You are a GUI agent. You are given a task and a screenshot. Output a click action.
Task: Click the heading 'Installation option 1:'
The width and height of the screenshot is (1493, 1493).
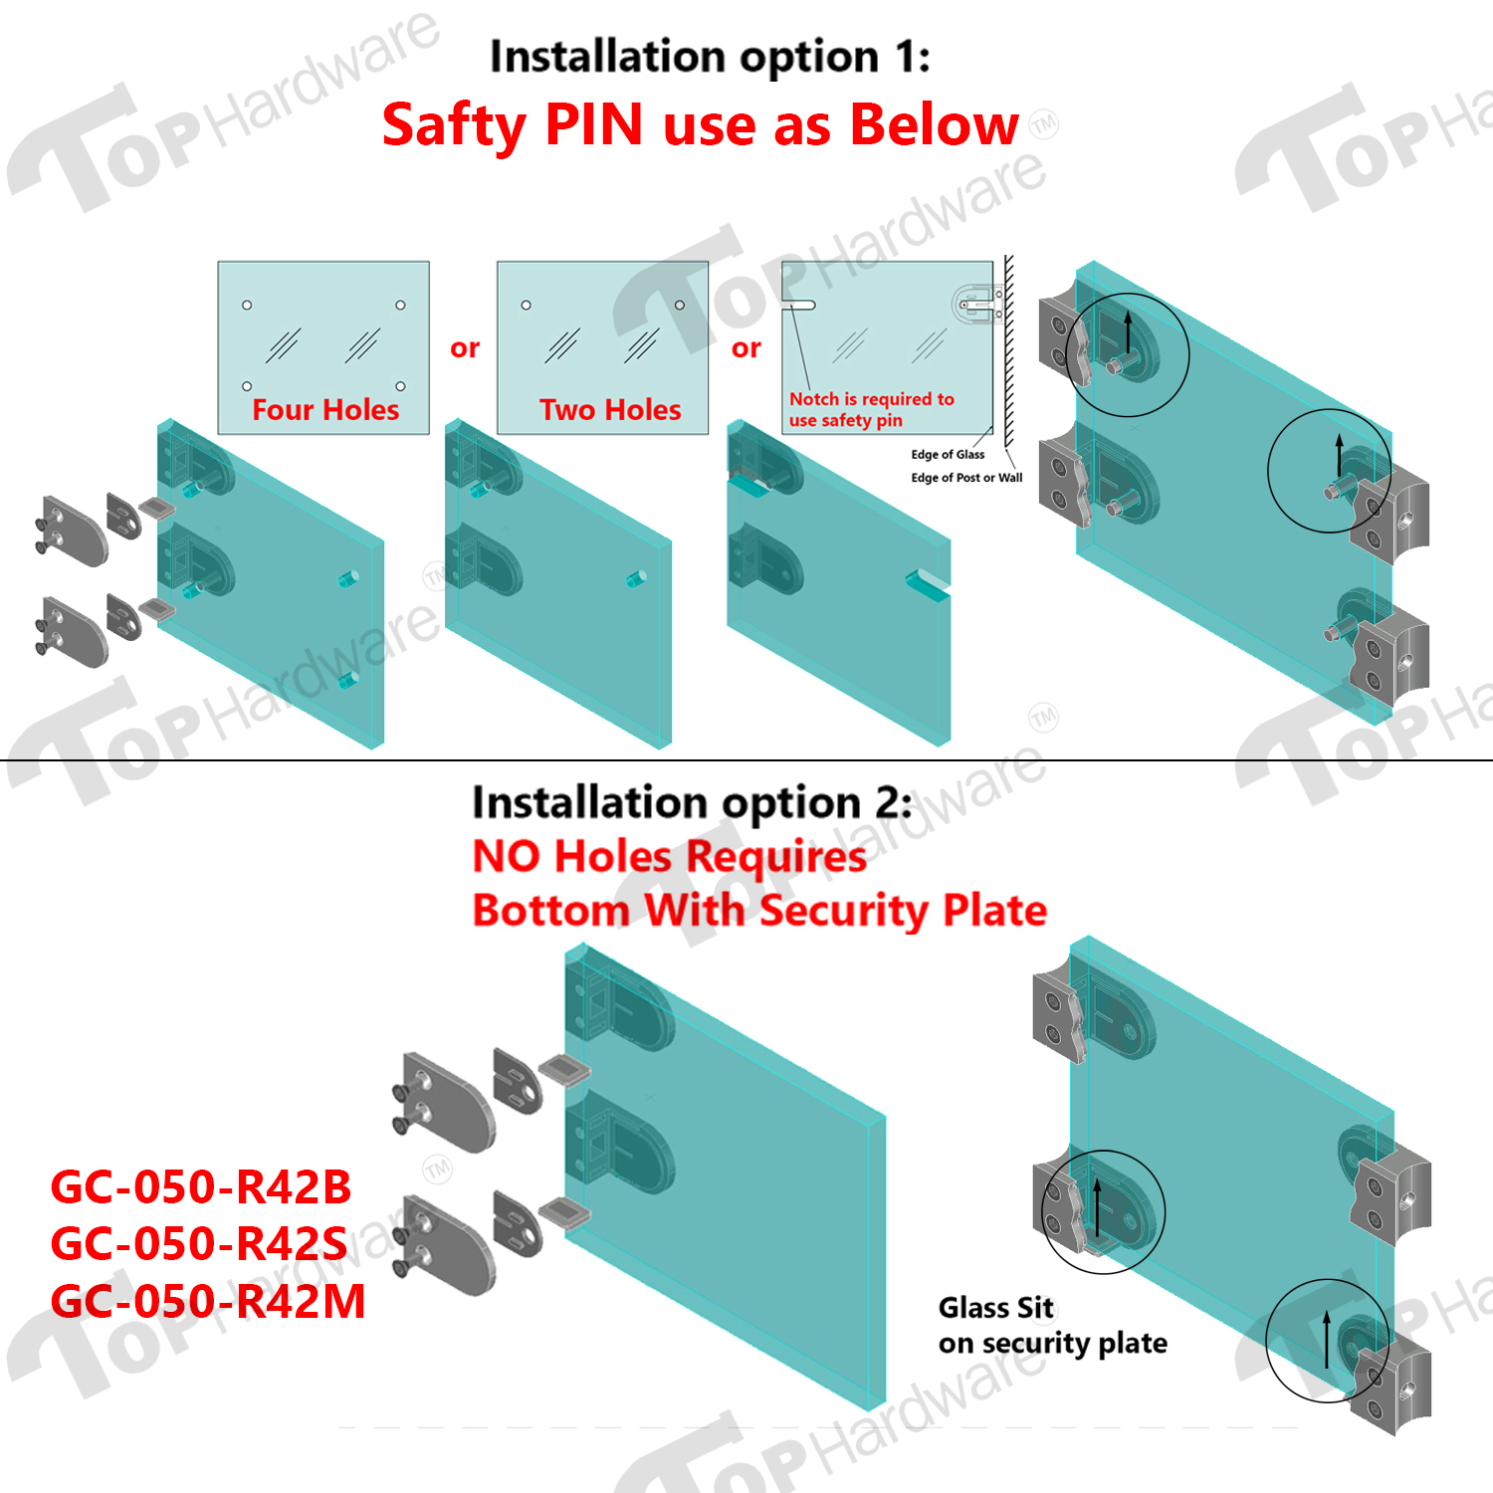pos(710,57)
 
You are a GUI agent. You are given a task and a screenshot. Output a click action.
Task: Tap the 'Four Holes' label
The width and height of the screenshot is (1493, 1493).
pos(325,409)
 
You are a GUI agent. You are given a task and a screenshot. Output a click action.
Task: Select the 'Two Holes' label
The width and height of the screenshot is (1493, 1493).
pos(610,409)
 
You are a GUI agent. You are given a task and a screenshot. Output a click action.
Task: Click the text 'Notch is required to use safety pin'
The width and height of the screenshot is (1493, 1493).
pos(872,409)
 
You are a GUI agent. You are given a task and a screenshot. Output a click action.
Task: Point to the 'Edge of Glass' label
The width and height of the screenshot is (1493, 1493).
pos(948,455)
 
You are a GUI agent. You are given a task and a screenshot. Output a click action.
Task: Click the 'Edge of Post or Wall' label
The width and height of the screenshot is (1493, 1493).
pos(966,478)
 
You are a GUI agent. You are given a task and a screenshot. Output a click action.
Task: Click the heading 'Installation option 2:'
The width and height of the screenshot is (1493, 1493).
pos(692,802)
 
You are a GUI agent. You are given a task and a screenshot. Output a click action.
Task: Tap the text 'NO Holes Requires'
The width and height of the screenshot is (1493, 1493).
pos(669,856)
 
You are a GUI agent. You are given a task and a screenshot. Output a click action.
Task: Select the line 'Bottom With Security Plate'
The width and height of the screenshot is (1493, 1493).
pos(759,911)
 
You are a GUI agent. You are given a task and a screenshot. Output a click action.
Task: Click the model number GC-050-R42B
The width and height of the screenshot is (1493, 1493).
pos(201,1186)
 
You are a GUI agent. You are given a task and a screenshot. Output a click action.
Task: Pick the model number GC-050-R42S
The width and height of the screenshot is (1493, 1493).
pos(199,1243)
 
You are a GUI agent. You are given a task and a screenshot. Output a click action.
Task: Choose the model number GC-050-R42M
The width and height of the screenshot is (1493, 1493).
pos(208,1301)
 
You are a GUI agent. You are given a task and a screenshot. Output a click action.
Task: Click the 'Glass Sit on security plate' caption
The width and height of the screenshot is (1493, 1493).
pos(1053,1326)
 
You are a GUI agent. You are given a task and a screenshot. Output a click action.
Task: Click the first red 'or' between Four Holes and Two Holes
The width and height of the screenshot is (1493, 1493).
pos(465,348)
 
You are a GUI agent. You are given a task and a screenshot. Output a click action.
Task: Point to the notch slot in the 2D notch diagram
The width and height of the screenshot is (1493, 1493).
pos(799,306)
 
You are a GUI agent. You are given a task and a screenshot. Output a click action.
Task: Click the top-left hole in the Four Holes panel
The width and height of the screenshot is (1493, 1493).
pos(247,305)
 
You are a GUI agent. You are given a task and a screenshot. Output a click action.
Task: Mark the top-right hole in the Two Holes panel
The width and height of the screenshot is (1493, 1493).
pos(680,305)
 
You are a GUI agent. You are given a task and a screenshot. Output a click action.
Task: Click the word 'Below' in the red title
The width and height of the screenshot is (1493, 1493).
pos(935,124)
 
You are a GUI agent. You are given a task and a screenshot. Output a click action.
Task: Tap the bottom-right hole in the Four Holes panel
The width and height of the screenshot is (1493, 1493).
pos(400,386)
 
